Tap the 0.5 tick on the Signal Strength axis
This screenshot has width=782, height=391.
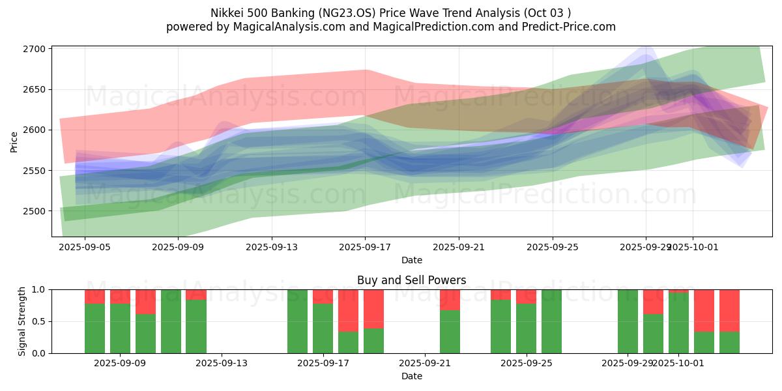pyautogui.click(x=39, y=321)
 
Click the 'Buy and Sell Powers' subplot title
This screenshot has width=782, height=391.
pyautogui.click(x=411, y=280)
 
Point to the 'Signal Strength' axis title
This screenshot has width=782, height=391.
pyautogui.click(x=22, y=321)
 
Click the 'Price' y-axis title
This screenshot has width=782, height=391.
pyautogui.click(x=14, y=141)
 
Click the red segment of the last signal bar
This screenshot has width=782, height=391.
pyautogui.click(x=729, y=310)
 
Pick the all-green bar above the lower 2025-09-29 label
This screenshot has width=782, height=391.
pyautogui.click(x=628, y=321)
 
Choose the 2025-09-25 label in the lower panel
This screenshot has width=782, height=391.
pyautogui.click(x=526, y=363)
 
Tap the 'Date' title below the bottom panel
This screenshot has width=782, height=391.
pyautogui.click(x=411, y=376)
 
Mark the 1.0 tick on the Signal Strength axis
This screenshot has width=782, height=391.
pyautogui.click(x=39, y=289)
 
